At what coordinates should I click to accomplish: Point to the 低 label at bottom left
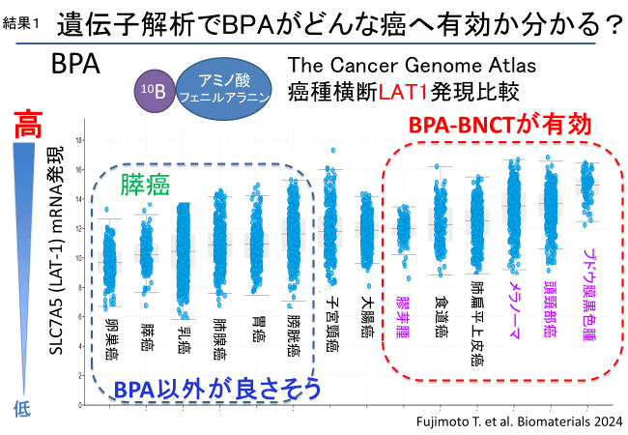(21, 409)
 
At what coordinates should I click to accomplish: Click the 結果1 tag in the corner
(22, 22)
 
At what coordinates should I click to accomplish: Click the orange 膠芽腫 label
(403, 317)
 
